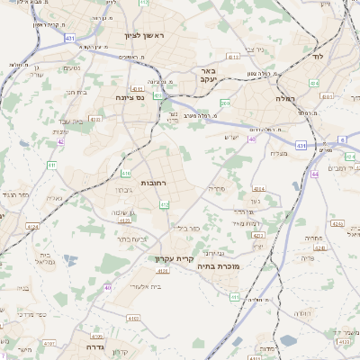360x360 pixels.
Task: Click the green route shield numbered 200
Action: [226, 104]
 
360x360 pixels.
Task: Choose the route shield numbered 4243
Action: [337, 222]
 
